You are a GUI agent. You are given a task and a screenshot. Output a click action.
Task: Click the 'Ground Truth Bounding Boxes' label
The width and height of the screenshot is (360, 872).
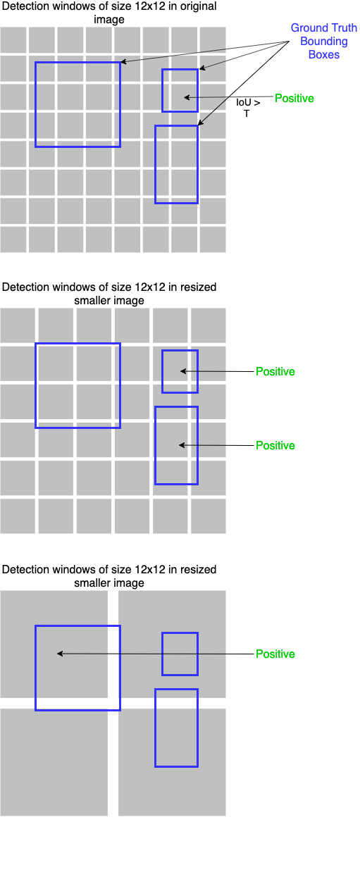pyautogui.click(x=324, y=42)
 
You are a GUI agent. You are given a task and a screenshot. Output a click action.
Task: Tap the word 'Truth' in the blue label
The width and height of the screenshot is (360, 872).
pyautogui.click(x=342, y=28)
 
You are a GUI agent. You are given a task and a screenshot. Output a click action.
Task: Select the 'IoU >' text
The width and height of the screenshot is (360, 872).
pyautogui.click(x=248, y=102)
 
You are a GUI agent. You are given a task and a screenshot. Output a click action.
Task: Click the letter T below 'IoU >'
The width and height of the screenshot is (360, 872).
pyautogui.click(x=247, y=113)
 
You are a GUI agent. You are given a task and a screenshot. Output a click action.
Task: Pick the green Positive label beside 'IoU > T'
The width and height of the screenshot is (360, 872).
pyautogui.click(x=294, y=98)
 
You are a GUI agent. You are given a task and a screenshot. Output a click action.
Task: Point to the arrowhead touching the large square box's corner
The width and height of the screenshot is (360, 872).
pyautogui.click(x=123, y=61)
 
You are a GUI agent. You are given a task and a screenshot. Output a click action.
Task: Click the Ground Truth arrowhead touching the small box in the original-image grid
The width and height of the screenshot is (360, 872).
pyautogui.click(x=202, y=68)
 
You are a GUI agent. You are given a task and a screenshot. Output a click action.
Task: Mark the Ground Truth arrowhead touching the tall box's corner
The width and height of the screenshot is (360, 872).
pyautogui.click(x=200, y=123)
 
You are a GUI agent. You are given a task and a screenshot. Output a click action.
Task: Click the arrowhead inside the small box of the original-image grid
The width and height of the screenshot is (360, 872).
pyautogui.click(x=187, y=97)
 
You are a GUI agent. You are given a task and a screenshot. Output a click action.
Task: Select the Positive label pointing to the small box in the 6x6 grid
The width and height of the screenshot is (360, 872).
pyautogui.click(x=275, y=371)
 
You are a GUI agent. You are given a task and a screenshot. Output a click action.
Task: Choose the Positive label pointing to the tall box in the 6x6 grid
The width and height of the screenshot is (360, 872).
pyautogui.click(x=275, y=445)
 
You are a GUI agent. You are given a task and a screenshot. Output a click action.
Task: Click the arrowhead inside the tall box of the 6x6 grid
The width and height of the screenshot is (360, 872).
pyautogui.click(x=182, y=445)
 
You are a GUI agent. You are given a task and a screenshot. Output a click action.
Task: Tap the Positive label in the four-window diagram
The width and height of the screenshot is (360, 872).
pyautogui.click(x=275, y=654)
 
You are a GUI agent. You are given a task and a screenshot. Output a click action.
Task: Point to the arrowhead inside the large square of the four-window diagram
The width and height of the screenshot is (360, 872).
pyautogui.click(x=60, y=654)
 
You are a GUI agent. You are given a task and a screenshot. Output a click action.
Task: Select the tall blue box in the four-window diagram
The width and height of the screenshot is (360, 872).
pyautogui.click(x=155, y=728)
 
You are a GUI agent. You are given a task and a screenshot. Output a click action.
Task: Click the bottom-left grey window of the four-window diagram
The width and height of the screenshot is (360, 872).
pyautogui.click(x=54, y=762)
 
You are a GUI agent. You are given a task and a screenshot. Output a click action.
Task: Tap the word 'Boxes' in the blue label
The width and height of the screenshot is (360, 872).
pyautogui.click(x=324, y=54)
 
